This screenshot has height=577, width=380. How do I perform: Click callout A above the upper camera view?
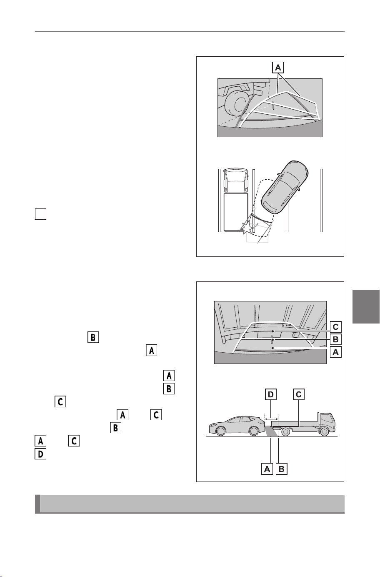click(x=278, y=68)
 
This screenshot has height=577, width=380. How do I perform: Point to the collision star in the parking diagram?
click(x=246, y=227)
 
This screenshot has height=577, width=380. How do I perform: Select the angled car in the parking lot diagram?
click(x=285, y=187)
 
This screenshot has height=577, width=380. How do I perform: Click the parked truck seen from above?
click(x=235, y=200)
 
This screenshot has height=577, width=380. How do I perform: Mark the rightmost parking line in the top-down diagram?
click(x=321, y=201)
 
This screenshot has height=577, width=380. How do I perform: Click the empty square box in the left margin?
click(x=40, y=214)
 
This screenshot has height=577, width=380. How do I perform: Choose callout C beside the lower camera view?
click(x=335, y=326)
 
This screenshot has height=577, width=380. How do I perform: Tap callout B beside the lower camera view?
click(x=335, y=339)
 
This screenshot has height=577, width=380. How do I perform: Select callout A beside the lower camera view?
click(x=335, y=352)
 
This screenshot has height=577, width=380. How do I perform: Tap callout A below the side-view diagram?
click(x=267, y=469)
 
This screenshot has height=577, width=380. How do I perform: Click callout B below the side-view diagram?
click(x=281, y=469)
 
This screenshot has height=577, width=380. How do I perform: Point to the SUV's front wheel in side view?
click(x=221, y=431)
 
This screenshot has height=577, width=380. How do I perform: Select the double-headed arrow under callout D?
click(x=271, y=419)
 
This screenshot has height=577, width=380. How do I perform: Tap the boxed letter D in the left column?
click(x=40, y=454)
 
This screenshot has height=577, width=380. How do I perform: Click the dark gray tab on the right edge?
click(x=366, y=306)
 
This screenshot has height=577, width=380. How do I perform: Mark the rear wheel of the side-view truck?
click(x=285, y=431)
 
